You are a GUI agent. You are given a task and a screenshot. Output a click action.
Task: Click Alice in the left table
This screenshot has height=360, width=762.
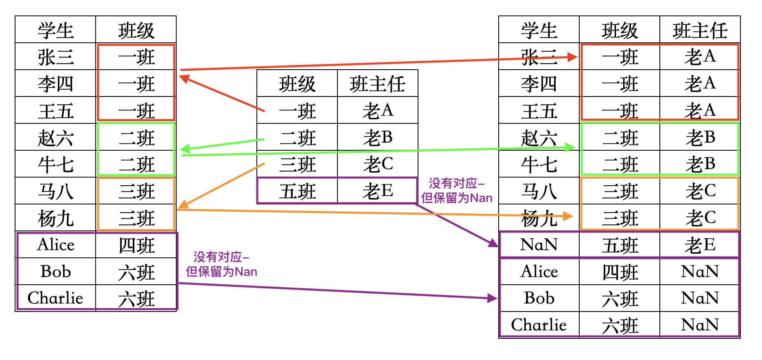point(56,245)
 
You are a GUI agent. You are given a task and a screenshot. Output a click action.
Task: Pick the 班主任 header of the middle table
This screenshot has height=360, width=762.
point(378,84)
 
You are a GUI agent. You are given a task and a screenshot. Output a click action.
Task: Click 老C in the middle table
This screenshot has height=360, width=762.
point(378,164)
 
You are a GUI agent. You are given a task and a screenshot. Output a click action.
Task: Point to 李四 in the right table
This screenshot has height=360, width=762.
point(539,84)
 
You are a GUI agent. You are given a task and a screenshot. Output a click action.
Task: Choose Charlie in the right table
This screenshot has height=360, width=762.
point(539,325)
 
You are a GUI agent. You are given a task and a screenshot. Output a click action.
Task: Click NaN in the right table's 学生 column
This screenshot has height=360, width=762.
point(539,245)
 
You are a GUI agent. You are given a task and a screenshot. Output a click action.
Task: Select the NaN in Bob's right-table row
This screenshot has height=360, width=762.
point(700,298)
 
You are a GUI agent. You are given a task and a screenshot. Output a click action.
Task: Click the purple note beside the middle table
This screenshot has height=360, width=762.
point(457,191)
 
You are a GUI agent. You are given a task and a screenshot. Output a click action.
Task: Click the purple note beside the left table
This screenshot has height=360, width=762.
point(221,264)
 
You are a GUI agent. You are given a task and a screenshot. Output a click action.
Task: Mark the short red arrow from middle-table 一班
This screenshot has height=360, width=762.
point(222,93)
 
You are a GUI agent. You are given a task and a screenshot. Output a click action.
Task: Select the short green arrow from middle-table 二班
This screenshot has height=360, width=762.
point(222,145)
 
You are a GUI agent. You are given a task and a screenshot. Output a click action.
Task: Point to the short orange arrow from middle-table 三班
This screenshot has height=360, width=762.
point(222,185)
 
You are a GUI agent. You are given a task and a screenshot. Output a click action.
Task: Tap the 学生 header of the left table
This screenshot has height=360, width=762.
point(56,31)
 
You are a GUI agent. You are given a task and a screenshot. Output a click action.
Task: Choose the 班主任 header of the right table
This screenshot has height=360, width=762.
point(700,31)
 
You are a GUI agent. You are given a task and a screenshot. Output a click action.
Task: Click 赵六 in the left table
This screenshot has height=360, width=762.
point(56,138)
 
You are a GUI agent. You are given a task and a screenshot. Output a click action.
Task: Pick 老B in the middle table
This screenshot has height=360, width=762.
point(378,138)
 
